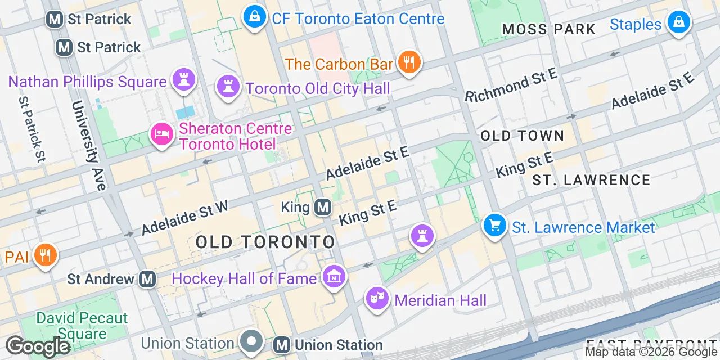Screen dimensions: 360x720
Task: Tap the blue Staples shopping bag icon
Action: point(678,23)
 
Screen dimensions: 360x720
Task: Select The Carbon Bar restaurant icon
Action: point(409,62)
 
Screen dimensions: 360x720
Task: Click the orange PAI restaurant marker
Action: point(45,255)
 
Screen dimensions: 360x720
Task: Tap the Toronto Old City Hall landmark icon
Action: point(228,87)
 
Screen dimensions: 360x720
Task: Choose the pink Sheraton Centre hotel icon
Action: point(162,134)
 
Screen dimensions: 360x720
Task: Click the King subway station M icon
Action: point(322,208)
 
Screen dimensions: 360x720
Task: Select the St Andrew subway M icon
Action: point(147,278)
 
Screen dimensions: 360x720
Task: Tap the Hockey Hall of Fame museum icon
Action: point(334,277)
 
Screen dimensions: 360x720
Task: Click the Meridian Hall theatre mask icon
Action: point(377,298)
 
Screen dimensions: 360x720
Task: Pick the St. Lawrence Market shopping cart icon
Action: point(494,226)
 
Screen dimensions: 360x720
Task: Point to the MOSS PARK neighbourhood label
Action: point(548,29)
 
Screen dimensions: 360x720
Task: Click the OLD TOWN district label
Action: point(523,136)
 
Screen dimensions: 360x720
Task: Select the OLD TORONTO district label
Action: point(265,242)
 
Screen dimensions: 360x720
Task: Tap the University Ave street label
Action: point(89,146)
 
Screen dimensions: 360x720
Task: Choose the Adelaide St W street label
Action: point(184,218)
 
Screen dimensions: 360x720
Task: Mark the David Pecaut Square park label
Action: point(82,326)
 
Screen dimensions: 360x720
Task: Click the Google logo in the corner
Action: point(38,346)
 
